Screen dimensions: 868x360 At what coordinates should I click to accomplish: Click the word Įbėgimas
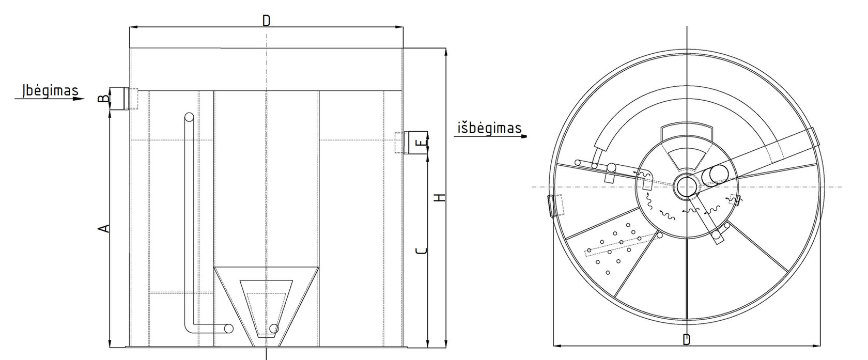pos(50,91)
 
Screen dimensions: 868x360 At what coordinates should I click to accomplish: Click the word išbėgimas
pos(489,128)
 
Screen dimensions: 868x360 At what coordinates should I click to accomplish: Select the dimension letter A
pos(104,229)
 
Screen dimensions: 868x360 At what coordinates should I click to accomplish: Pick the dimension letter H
pos(440,198)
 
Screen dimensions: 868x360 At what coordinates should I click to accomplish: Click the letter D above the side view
pos(266,21)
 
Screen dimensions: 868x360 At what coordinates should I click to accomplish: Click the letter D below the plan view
pos(686,340)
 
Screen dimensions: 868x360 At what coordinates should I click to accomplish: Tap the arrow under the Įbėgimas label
pos(50,99)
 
